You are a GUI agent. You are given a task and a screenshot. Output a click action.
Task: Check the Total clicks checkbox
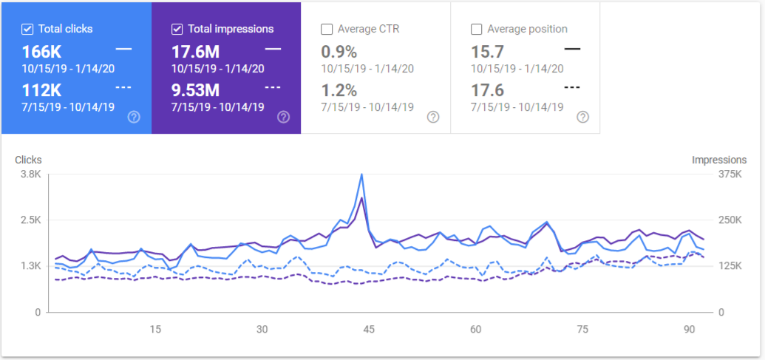point(27,29)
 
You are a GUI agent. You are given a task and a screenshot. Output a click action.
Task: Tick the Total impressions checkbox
point(177,29)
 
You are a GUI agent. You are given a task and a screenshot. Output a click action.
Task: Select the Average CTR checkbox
point(327,29)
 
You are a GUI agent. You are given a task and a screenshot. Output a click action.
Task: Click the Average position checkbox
point(476,29)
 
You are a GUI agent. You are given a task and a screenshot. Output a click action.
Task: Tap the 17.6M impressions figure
point(196,52)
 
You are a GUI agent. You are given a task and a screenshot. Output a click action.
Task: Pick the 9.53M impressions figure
point(195,90)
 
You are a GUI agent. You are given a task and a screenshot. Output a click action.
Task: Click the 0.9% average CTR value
point(339,52)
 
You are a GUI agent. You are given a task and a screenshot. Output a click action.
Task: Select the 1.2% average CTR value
point(339,90)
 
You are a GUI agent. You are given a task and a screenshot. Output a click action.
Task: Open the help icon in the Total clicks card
point(134,117)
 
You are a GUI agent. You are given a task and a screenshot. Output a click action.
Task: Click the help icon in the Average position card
point(582,117)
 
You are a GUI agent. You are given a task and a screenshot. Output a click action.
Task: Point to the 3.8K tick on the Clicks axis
point(30,174)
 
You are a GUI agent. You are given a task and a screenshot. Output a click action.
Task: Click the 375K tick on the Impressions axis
point(730,174)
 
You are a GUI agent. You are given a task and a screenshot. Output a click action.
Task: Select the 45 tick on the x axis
point(369,330)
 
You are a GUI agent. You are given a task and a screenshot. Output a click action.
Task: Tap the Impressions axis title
point(719,160)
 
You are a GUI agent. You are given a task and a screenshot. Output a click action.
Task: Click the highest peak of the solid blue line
point(361,174)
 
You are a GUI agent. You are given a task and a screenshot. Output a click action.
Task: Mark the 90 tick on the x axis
point(689,330)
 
